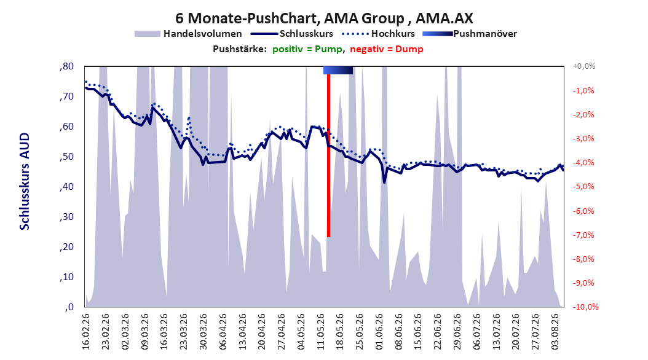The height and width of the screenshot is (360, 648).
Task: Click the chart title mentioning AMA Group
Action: pos(324,18)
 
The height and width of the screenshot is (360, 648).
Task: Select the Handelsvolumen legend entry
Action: pos(189,34)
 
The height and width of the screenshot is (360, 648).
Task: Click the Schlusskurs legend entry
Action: pos(292,34)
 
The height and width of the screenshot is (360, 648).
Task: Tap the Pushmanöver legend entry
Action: pos(470,34)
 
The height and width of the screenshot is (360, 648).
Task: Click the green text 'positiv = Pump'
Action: pos(307,49)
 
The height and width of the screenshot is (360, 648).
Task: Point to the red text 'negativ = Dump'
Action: pos(387,49)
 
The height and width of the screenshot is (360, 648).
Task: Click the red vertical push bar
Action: pos(328,155)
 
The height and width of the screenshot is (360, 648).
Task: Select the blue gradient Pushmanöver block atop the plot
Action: pos(338,70)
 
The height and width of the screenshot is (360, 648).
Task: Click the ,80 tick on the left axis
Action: pos(66,66)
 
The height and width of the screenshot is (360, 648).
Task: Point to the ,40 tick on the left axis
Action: pos(66,187)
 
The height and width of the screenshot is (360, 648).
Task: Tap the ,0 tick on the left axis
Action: pos(69,307)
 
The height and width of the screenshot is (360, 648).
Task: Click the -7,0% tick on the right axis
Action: pos(583,235)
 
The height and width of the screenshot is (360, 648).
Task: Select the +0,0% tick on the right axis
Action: pos(584,66)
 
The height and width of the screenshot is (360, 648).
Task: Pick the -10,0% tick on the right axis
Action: pos(585,307)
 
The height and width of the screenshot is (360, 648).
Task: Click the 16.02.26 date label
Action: pos(86,332)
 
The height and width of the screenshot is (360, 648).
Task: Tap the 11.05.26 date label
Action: pos(320,332)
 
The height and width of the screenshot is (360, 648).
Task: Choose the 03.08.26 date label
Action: pos(555,332)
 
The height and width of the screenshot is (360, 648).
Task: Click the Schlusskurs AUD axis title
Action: pos(25,181)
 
